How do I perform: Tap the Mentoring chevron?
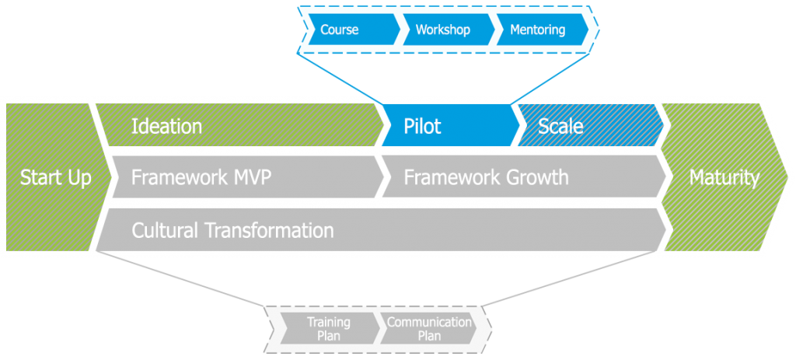538,30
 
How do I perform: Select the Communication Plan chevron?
430,329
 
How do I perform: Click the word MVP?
251,177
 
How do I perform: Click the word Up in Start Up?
78,177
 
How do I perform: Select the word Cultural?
166,230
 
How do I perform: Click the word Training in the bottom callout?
328,322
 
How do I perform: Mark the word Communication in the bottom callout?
430,322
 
